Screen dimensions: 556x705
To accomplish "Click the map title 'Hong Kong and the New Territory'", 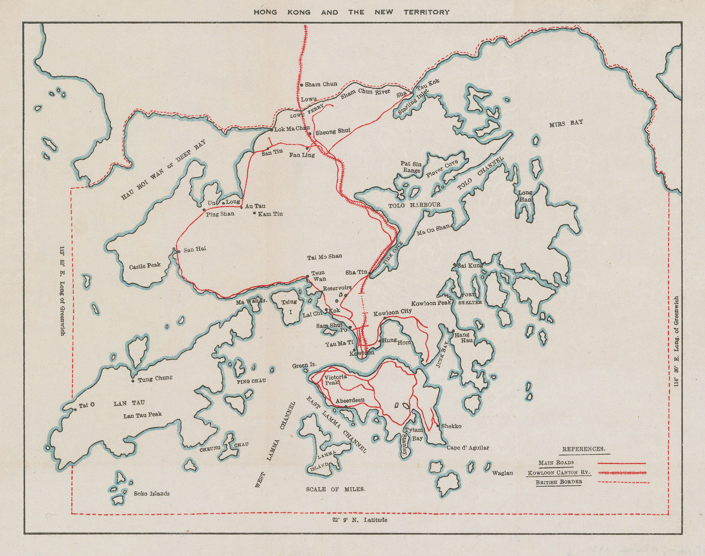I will [351, 12].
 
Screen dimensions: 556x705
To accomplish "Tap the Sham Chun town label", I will [321, 84].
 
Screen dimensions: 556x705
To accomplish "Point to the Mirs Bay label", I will [566, 124].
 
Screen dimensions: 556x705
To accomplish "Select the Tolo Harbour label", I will [414, 205].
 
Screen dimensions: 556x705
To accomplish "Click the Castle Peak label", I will [145, 266].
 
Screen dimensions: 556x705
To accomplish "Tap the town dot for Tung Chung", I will [133, 381].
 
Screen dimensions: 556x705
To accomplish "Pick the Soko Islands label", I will [152, 493].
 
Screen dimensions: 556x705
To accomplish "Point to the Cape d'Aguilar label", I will [468, 448].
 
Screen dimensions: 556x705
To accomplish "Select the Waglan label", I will [502, 473].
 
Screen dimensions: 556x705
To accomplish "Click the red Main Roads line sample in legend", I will [621, 463].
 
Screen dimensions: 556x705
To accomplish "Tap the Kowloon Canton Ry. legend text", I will [558, 473].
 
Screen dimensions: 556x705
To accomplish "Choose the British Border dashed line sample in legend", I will [623, 482].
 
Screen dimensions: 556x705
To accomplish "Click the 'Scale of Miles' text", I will [335, 489].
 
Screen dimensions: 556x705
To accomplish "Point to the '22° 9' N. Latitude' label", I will [360, 520].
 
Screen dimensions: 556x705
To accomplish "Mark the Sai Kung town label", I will [470, 266].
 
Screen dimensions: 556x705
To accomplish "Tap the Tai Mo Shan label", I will [324, 256].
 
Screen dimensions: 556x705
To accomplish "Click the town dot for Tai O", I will [75, 410].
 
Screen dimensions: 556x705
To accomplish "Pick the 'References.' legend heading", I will [583, 449].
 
